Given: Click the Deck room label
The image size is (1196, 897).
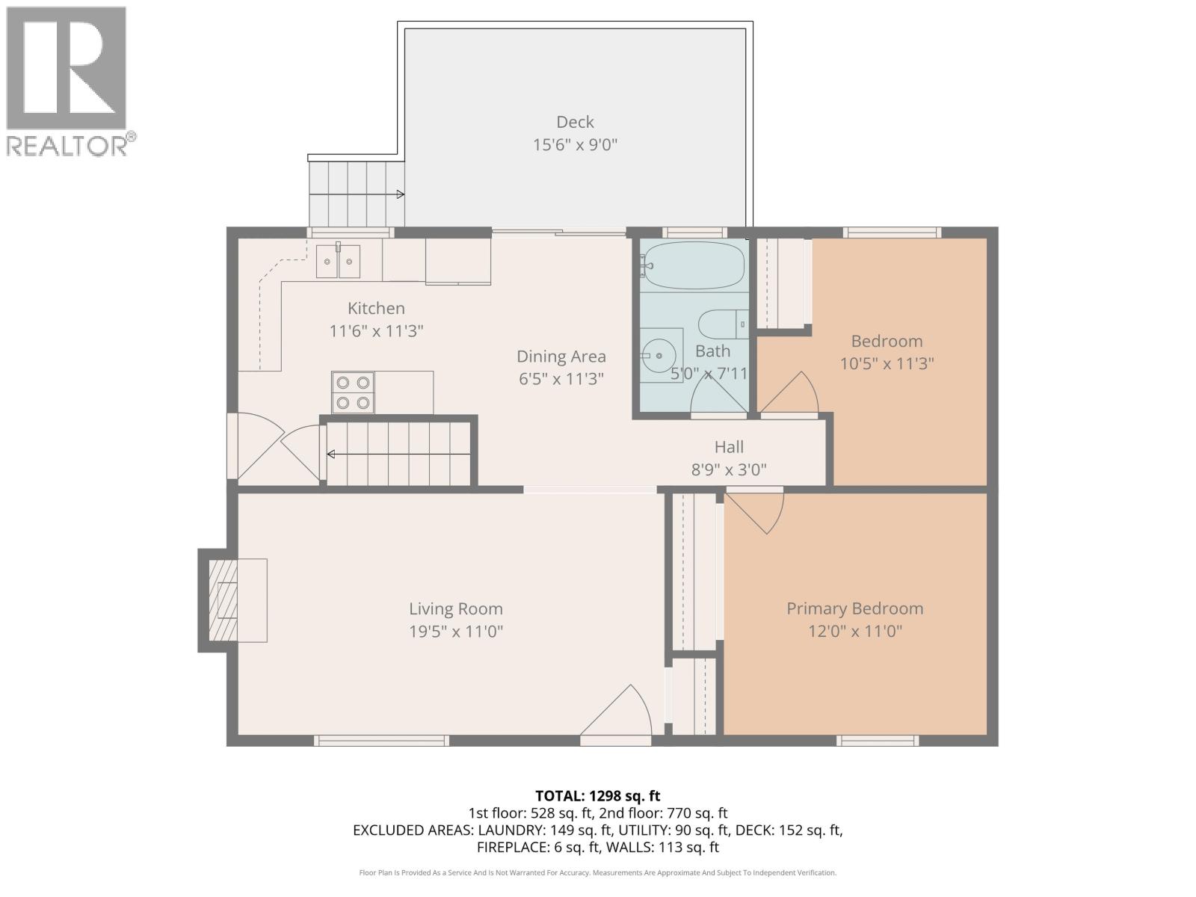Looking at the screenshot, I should [x=575, y=122].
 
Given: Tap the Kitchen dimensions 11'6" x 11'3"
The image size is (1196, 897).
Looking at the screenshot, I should [x=376, y=330].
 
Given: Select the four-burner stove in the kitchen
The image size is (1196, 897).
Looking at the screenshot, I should [x=353, y=392].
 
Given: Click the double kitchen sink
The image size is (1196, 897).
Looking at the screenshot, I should [x=337, y=262].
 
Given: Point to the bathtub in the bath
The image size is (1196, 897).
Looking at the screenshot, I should [x=694, y=265].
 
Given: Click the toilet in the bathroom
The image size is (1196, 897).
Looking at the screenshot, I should [x=721, y=324].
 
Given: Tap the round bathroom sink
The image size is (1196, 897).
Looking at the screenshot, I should [x=659, y=355].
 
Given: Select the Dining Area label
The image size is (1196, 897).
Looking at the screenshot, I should [x=561, y=357].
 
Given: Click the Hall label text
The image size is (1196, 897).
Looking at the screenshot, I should [x=729, y=447].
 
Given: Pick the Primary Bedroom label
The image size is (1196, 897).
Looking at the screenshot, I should [x=854, y=608].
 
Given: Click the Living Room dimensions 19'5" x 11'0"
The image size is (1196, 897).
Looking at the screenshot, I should [x=455, y=631].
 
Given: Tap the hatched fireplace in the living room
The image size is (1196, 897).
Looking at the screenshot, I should [x=223, y=600].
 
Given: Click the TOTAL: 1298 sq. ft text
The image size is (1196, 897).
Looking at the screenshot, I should [x=597, y=796].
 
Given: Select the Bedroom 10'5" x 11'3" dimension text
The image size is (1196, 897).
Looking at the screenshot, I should [x=887, y=363].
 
